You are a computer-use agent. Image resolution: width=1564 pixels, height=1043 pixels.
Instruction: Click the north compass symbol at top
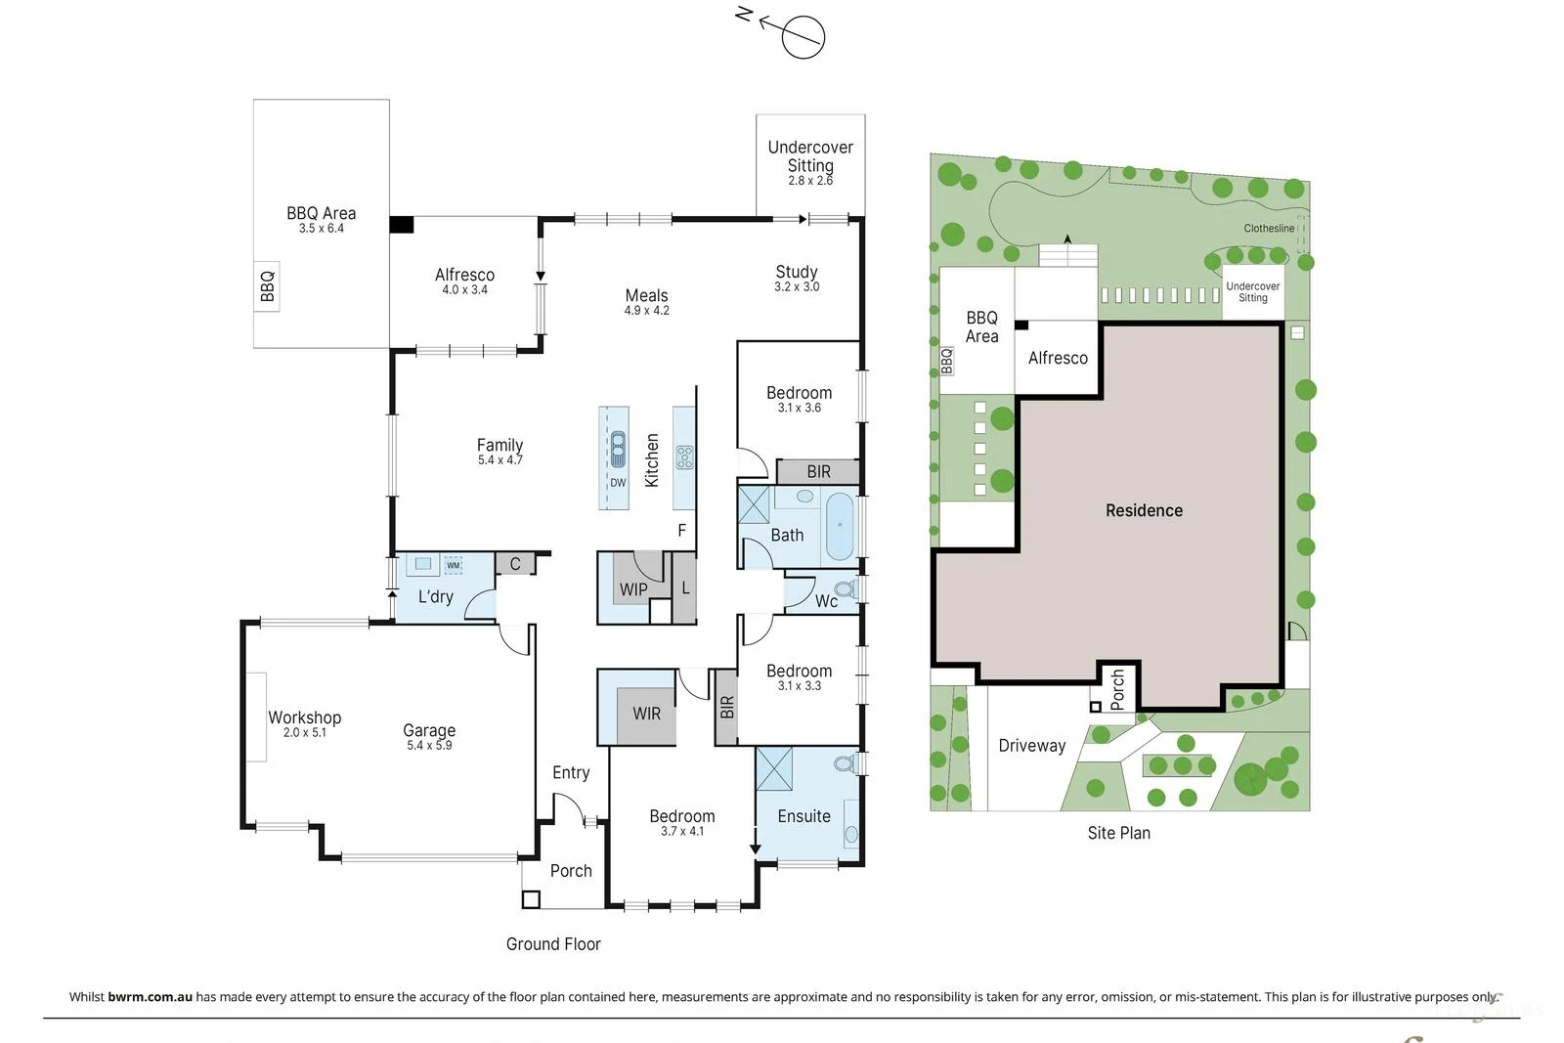[x=803, y=38]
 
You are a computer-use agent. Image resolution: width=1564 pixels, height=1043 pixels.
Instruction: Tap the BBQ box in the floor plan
[x=267, y=286]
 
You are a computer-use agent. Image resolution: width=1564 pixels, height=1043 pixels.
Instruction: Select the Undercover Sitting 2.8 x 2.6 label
[x=810, y=162]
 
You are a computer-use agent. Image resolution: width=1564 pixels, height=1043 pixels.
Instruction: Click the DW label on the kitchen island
[x=618, y=483]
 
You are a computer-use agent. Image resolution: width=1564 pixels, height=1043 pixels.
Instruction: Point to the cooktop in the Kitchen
[x=685, y=456]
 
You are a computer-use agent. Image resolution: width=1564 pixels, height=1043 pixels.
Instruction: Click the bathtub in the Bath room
[x=840, y=527]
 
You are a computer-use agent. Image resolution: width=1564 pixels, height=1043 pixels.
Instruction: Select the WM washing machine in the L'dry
[x=454, y=565]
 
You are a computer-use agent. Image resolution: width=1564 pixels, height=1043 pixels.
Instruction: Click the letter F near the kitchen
[x=682, y=530]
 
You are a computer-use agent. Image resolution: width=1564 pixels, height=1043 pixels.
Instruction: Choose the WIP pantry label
[x=633, y=589]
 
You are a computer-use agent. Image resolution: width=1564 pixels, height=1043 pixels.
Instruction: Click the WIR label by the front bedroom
[x=646, y=714]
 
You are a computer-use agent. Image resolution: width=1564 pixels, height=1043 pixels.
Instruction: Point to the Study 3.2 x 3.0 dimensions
[x=797, y=287]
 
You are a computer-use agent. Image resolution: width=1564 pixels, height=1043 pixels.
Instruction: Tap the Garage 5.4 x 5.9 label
[x=429, y=736]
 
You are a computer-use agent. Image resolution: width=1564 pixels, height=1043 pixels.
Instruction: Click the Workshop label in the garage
[x=305, y=717]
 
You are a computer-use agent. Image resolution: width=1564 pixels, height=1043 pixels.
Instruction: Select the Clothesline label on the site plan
[x=1269, y=228]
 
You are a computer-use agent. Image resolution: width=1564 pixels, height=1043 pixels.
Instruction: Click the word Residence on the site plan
[x=1144, y=510]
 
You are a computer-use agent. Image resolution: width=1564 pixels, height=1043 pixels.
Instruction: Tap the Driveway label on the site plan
[x=1031, y=746]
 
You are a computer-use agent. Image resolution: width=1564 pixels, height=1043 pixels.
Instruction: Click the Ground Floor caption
[x=553, y=944]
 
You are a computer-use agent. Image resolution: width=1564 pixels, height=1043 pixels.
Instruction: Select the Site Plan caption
[x=1118, y=833]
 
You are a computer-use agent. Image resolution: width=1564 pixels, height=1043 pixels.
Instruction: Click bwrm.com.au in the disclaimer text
[x=150, y=997]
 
